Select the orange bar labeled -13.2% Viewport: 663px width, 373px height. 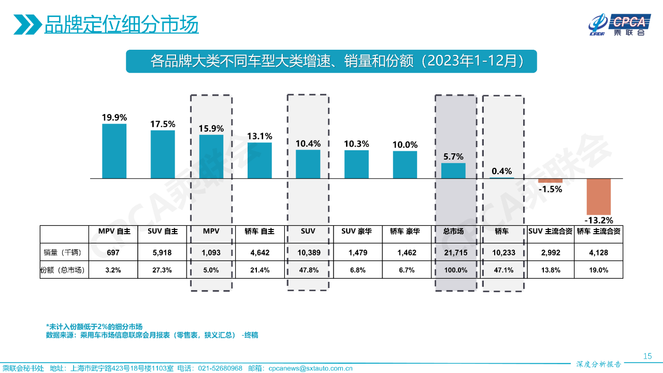(599, 196)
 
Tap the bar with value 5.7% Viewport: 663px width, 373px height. (453, 171)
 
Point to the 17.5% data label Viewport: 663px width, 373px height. (163, 124)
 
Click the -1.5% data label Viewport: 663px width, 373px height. (550, 189)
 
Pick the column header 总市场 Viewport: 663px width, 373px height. (453, 232)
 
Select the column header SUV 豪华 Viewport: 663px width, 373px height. (356, 232)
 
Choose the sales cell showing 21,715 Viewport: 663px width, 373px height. (453, 252)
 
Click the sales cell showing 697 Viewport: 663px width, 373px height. (113, 252)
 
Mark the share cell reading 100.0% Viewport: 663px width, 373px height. (453, 270)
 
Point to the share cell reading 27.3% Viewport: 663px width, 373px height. (163, 270)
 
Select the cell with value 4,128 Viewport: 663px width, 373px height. (599, 252)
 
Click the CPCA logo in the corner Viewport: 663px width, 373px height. (618, 25)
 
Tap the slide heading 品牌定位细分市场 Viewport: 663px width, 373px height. (121, 24)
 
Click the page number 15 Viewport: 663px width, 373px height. (647, 356)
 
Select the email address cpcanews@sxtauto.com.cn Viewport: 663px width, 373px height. (310, 368)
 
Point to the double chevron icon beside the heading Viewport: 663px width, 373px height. (27, 24)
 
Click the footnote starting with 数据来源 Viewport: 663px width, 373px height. (152, 335)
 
